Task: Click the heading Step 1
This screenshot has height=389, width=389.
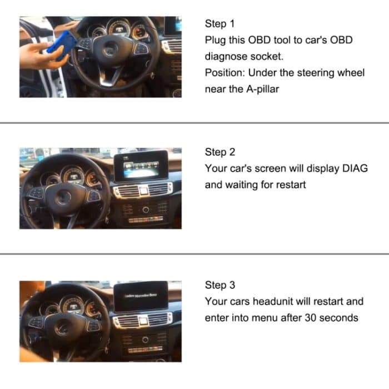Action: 220,24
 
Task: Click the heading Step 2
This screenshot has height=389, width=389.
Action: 220,152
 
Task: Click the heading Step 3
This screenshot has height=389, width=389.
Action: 220,285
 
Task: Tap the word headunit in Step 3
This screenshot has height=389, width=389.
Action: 273,302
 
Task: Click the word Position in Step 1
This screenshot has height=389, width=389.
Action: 224,73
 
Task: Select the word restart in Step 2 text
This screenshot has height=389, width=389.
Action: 289,184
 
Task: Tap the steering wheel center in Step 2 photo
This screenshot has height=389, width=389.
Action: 63,197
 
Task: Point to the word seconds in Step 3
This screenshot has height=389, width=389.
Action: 341,318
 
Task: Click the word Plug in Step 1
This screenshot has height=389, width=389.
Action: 215,41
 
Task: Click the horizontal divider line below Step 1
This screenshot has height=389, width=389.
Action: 194,122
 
